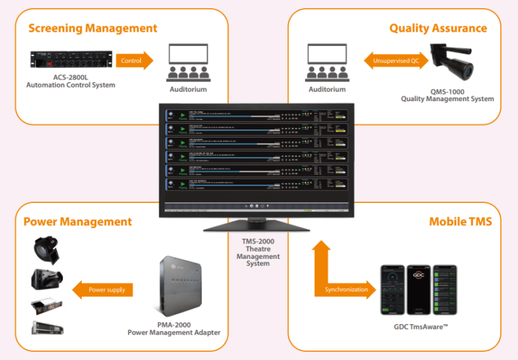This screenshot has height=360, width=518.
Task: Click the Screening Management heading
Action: (x=92, y=28)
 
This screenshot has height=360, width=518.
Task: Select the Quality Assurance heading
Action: (x=438, y=28)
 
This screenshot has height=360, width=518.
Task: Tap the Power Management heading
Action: (x=78, y=222)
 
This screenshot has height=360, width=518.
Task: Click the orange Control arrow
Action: (x=134, y=61)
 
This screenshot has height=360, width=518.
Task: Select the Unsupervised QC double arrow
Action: (x=395, y=61)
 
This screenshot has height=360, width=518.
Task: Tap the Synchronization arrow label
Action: (x=347, y=290)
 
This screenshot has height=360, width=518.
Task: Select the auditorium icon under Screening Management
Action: (x=188, y=62)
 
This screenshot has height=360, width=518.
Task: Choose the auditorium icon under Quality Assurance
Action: (x=327, y=62)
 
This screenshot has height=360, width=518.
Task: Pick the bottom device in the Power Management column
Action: (x=47, y=328)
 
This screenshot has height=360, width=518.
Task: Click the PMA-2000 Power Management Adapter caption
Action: (x=173, y=328)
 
